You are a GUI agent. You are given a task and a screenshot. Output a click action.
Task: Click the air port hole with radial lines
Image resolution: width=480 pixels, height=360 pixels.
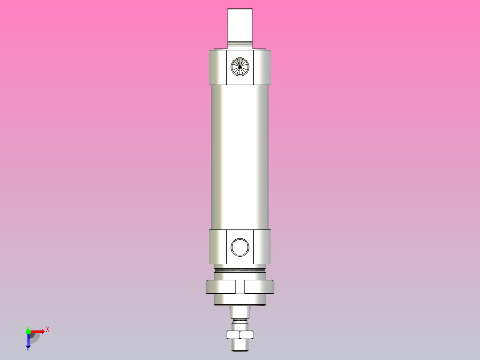tap(240, 67)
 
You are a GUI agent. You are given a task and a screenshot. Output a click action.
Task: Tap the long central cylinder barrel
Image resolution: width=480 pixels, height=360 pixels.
tap(240, 156)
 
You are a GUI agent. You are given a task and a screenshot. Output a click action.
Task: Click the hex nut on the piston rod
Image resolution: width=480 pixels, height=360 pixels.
tap(240, 335)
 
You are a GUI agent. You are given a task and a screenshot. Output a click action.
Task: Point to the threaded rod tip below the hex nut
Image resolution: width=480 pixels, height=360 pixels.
tap(240, 345)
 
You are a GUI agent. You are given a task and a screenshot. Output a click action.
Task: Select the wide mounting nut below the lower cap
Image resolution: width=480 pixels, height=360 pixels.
tap(218, 287)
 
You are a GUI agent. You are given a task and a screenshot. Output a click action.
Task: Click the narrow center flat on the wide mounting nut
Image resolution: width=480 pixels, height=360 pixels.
tap(240, 287)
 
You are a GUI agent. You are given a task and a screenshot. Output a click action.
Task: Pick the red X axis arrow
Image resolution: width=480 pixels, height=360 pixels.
tap(37, 331)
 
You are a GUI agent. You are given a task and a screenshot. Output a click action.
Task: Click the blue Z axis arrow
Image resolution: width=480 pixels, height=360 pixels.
tap(28, 341)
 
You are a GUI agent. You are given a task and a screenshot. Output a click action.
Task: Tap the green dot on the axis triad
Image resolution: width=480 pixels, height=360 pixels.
tap(28, 331)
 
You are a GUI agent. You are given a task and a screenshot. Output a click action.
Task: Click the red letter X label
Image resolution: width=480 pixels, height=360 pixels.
tap(48, 330)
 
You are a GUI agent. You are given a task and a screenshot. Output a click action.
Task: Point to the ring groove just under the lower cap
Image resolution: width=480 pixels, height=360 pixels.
tap(240, 270)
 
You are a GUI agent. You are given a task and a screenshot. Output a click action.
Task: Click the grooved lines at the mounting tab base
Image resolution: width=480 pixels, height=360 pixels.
tap(240, 43)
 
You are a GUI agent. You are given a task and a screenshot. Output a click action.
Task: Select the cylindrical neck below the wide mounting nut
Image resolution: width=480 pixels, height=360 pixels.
tap(240, 300)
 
